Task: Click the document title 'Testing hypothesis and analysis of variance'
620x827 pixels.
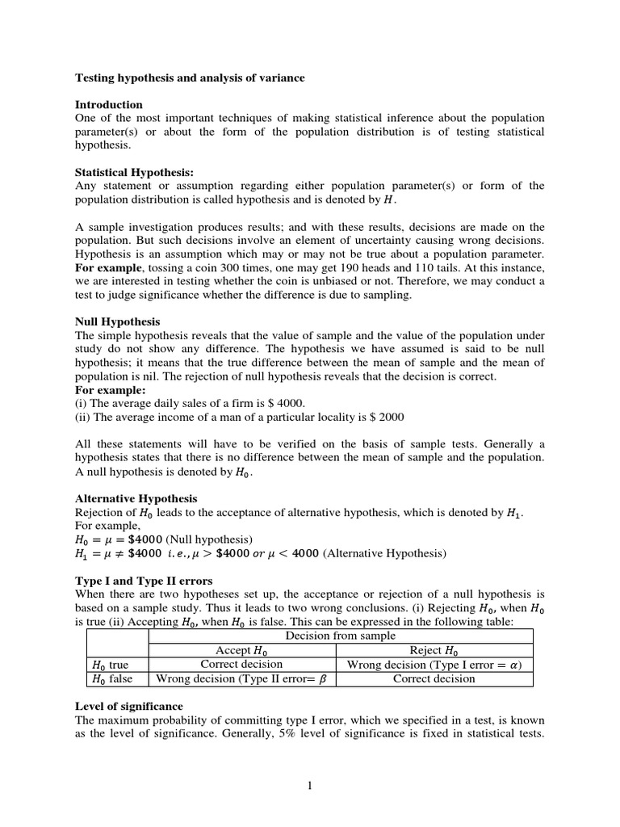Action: (191, 78)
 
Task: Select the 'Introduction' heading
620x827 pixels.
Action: (109, 105)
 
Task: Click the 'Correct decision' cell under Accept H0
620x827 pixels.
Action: (241, 665)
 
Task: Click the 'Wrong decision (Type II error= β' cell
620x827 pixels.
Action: (241, 679)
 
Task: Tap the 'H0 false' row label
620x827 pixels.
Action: (111, 679)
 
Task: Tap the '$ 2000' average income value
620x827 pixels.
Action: (386, 417)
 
